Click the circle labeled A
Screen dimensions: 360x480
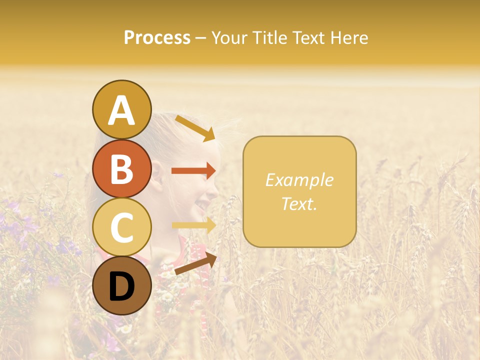tap(121, 109)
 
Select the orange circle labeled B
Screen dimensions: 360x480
tap(121, 169)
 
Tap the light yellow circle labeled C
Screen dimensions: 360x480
tap(121, 227)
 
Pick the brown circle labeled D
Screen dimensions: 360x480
tap(121, 285)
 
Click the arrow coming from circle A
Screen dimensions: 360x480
tap(195, 128)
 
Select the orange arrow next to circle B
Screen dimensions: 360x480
tap(193, 171)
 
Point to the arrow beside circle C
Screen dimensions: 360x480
tap(194, 225)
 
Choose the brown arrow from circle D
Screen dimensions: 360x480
tap(195, 263)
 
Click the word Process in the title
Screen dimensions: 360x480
tap(157, 37)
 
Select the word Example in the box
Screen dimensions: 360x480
tap(299, 180)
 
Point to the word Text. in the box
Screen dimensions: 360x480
tap(299, 203)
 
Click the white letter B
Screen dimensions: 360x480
tap(121, 169)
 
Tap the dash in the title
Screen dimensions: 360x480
tap(200, 38)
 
